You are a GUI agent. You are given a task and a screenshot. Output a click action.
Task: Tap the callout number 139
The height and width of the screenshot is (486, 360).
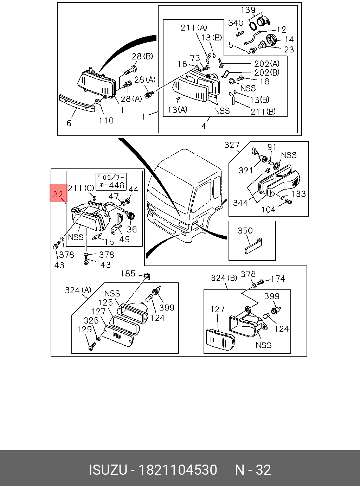point(248,10)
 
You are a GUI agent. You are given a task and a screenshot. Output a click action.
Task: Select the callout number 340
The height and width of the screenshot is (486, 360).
point(236,23)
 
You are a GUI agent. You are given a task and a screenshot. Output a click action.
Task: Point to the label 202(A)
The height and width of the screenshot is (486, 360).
point(267,64)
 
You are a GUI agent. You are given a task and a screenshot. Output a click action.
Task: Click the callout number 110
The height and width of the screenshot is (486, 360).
point(106,120)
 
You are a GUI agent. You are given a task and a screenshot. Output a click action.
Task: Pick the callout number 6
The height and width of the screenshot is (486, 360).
point(69,123)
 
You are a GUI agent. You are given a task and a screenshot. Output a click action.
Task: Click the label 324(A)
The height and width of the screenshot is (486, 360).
point(78,290)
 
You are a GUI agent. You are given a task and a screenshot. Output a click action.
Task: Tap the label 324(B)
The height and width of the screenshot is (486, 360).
point(224,278)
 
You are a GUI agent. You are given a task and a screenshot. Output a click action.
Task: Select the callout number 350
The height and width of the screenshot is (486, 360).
point(245,230)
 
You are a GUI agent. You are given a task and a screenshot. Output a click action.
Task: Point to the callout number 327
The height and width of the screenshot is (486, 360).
point(232,145)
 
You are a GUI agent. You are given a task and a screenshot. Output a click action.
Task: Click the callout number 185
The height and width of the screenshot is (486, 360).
point(128,273)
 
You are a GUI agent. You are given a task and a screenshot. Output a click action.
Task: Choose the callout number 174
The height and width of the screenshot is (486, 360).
point(278,279)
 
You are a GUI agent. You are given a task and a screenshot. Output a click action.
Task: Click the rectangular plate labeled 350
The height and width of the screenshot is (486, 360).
point(253,245)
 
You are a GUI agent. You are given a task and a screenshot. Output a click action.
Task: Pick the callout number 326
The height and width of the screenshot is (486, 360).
point(91,320)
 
